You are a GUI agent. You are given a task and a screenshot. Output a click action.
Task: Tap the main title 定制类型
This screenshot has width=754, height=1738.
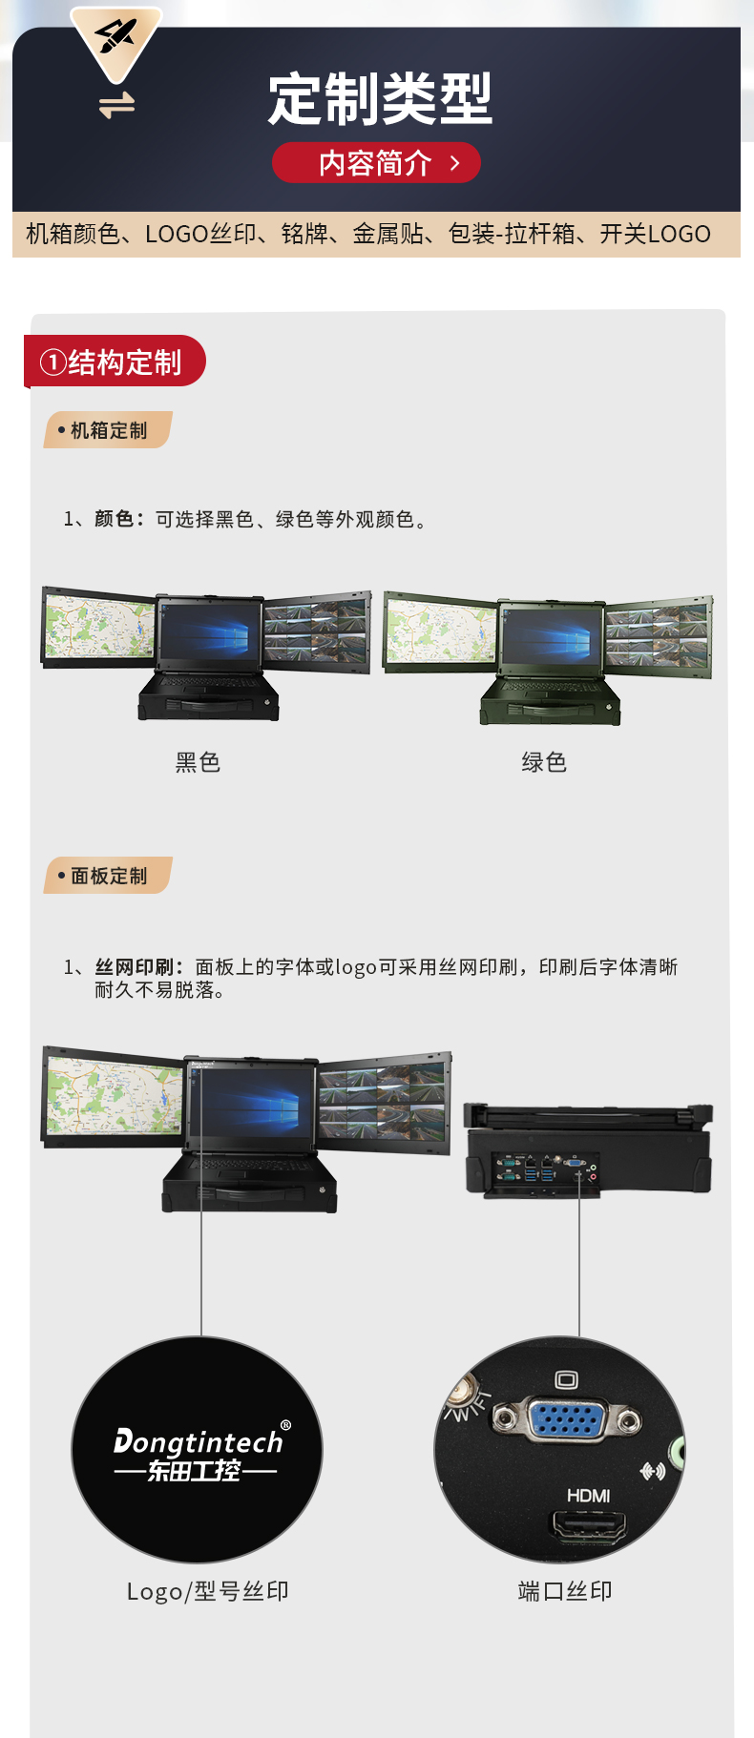click(x=379, y=99)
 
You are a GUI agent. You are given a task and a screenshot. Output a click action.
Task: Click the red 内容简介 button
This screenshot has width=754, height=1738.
click(x=376, y=163)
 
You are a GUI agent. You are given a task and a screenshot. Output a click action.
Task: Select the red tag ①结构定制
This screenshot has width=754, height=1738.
click(x=113, y=362)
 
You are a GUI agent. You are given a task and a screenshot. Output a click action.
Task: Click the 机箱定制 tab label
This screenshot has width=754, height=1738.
click(x=108, y=430)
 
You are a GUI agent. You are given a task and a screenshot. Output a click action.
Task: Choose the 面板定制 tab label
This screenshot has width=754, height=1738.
click(x=108, y=876)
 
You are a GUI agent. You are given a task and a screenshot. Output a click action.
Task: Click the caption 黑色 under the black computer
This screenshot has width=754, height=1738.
click(x=198, y=762)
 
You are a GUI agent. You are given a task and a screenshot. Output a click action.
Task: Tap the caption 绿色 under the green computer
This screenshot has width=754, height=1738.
click(x=544, y=762)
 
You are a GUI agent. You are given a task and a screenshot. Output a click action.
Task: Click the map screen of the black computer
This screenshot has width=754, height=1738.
click(x=99, y=627)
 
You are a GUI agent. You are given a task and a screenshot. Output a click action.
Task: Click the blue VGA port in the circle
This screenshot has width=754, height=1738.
click(x=565, y=1418)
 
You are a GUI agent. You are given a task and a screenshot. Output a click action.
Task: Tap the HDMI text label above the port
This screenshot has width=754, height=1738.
click(x=588, y=1496)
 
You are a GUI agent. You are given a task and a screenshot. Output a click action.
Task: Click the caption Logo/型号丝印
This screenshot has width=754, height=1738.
click(x=208, y=1591)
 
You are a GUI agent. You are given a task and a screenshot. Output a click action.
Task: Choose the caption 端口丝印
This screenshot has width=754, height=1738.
click(x=565, y=1591)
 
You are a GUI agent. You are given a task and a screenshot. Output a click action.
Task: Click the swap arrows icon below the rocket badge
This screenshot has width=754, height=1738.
click(x=116, y=105)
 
